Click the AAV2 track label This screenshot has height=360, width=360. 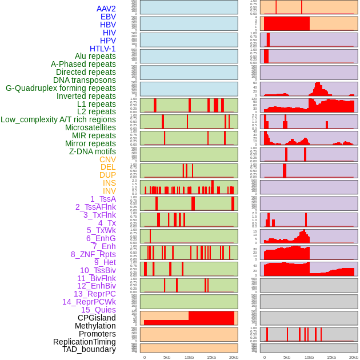106,9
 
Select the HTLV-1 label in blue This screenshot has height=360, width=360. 103,49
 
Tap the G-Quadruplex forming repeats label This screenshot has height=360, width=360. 61,88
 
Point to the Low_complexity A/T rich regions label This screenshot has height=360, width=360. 58,119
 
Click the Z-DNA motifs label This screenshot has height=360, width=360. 93,151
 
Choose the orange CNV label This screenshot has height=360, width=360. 107,159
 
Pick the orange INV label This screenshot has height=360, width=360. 109,191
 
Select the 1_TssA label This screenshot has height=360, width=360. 103,199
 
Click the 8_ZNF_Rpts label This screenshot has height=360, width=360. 93,254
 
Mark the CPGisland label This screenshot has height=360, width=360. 97,318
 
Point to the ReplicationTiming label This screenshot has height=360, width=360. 85,342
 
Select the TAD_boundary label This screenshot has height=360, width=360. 89,349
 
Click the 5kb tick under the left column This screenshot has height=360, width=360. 167,357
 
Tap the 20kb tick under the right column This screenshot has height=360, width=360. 354,357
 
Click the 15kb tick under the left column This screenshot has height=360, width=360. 211,357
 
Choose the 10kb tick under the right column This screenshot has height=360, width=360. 309,357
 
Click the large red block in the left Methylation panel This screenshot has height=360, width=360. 211,318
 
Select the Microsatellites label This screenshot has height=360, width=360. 90,127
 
